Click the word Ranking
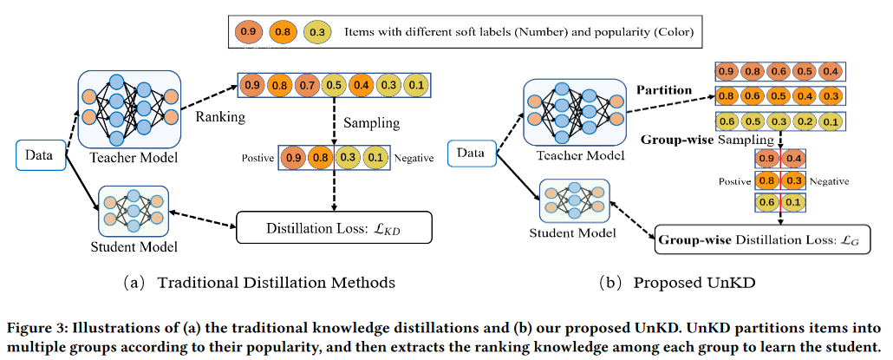[219, 115]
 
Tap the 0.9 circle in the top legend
[246, 33]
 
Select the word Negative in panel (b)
[830, 181]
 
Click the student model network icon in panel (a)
[134, 212]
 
